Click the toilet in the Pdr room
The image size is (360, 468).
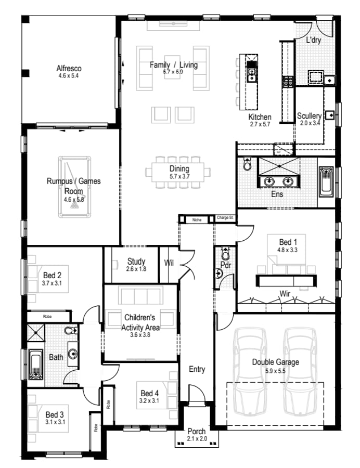click(225, 255)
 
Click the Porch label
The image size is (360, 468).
click(197, 432)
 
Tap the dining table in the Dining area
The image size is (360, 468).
click(179, 171)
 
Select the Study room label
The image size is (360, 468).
click(136, 262)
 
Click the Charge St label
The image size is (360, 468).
click(225, 218)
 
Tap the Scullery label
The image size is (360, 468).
click(309, 116)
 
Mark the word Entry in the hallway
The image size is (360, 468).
click(197, 369)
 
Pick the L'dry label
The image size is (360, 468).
click(313, 40)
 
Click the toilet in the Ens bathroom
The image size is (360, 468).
click(247, 165)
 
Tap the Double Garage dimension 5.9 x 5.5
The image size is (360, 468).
click(275, 371)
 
